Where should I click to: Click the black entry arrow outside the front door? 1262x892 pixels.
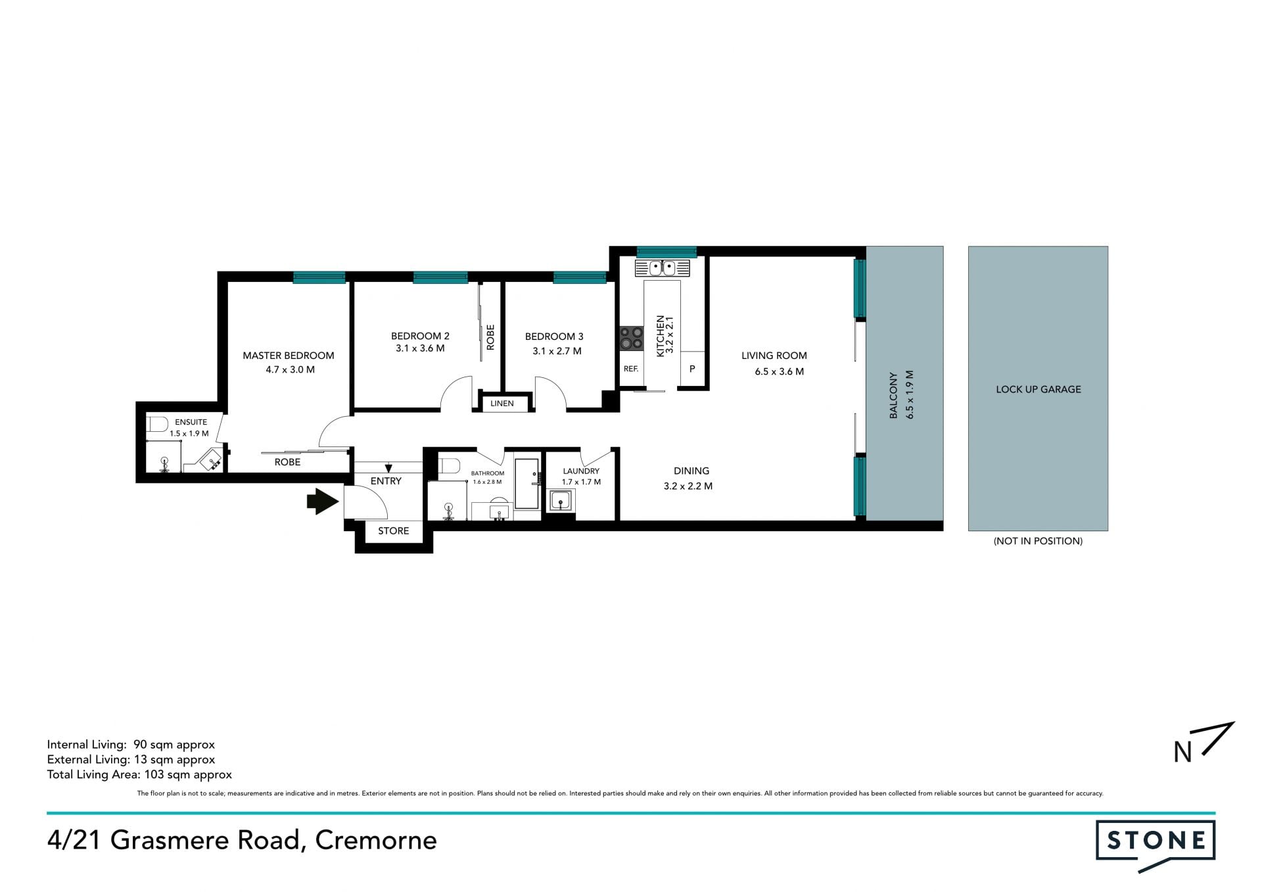[x=323, y=502]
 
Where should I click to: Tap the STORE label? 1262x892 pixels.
[x=393, y=531]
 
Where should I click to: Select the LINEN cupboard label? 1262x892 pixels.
[x=502, y=404]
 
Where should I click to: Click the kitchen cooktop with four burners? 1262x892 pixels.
[x=632, y=339]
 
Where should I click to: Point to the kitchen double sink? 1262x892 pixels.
[x=663, y=268]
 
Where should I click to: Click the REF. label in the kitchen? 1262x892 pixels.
[x=631, y=369]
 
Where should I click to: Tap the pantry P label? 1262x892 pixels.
[x=692, y=369]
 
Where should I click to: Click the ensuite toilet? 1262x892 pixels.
[x=157, y=424]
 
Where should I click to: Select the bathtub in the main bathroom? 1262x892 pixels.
[x=527, y=484]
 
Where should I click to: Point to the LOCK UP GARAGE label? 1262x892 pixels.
[x=1038, y=389]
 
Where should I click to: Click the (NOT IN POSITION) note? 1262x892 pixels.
[x=1038, y=541]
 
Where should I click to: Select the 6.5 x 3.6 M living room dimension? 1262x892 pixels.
[x=779, y=371]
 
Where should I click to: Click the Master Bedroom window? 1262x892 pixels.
[x=319, y=277]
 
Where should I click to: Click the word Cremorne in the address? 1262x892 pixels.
[x=376, y=840]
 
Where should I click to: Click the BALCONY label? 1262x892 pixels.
[x=893, y=396]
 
